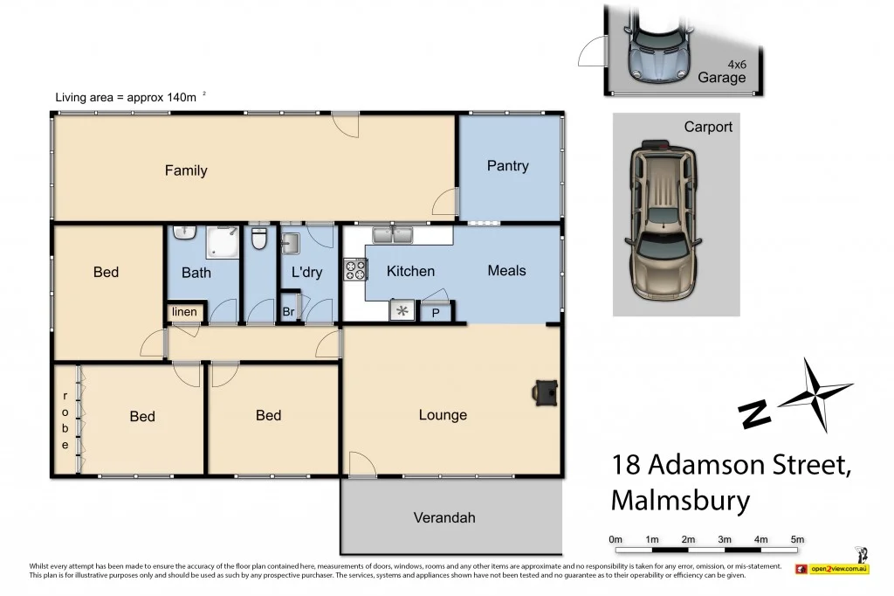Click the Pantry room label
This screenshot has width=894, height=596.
507,166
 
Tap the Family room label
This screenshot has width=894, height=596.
186,170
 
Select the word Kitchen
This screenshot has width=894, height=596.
410,271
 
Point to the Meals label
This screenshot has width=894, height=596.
506,270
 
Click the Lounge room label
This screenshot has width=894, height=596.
443,415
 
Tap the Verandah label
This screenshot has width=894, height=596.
444,517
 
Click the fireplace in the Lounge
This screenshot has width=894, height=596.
545,392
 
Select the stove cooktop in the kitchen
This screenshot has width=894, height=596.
354,270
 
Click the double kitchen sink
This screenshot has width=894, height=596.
392,234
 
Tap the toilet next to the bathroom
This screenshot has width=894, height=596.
258,239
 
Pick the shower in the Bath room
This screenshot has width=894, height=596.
223,241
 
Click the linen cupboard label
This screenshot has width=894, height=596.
184,312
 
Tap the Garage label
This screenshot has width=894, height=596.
722,77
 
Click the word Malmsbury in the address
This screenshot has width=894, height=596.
680,501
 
